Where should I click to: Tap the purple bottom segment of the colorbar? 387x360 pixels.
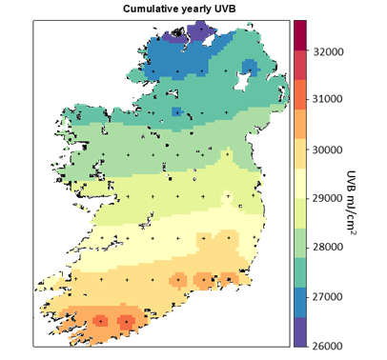coord(300,331)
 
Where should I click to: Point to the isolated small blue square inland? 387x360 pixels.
coord(176,111)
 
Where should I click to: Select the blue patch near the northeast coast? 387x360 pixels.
coord(249,67)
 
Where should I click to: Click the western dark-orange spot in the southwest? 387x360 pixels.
coord(100,321)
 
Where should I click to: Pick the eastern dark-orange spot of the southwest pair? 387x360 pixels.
coord(125,322)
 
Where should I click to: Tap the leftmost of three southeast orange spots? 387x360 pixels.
coord(176,279)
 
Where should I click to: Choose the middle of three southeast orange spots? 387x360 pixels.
coord(202,279)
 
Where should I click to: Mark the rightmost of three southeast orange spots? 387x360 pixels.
coord(229,278)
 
